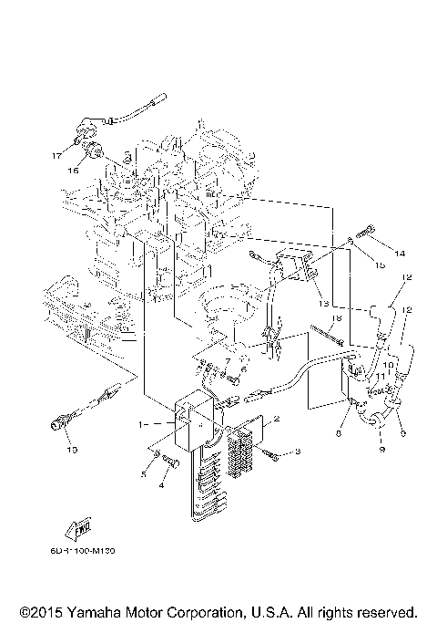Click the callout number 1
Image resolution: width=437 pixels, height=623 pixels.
pos(141,424)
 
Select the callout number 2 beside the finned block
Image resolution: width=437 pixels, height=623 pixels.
pos(277,419)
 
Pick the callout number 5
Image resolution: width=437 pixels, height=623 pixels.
pos(143,473)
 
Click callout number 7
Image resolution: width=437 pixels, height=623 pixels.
pos(228,362)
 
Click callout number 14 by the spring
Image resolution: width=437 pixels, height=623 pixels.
pos(398,252)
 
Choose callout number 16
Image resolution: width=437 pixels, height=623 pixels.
pos(72,170)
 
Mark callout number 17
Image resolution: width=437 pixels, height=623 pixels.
pos(56,155)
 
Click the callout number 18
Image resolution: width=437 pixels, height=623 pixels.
pos(335,318)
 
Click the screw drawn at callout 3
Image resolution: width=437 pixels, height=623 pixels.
pos(271,452)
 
